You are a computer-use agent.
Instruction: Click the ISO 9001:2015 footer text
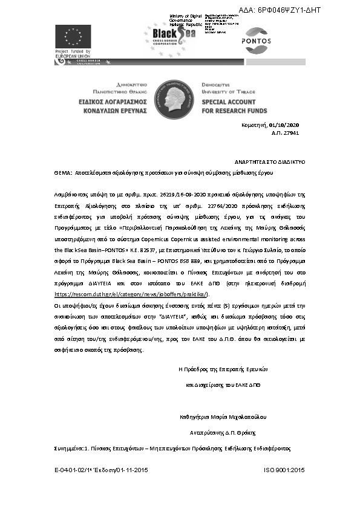tap(284, 470)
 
